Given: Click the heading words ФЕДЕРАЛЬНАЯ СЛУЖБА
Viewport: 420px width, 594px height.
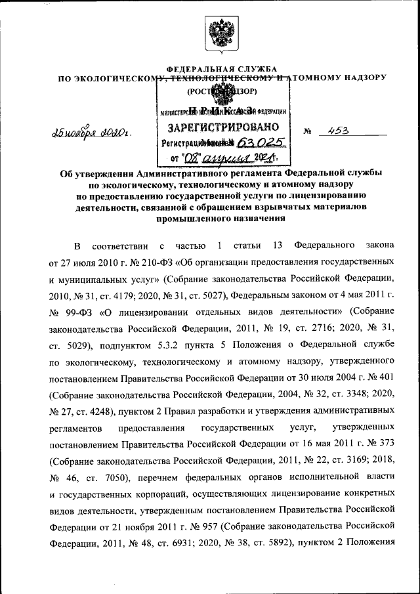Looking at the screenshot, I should coord(221,70).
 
